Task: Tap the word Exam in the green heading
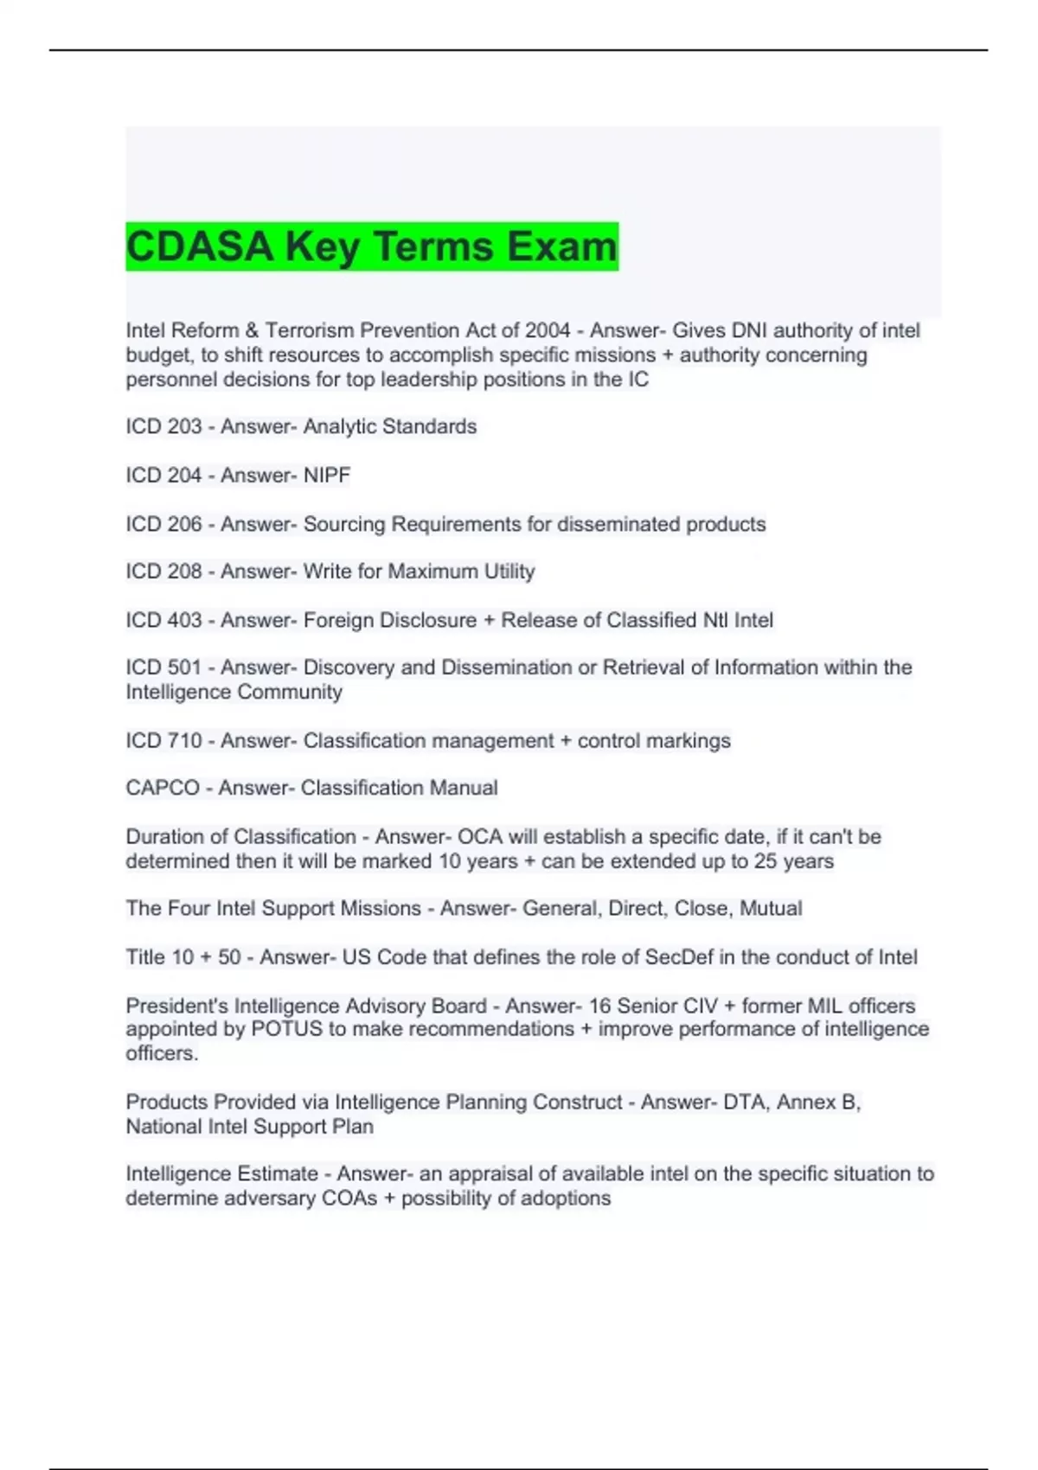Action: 562,246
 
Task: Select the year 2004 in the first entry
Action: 547,330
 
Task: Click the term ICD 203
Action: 163,426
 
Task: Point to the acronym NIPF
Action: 327,475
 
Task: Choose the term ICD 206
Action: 163,524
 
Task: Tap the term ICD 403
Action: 163,620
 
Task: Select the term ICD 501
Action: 163,668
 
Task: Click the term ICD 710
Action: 163,741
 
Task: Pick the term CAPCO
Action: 163,788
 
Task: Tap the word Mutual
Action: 771,908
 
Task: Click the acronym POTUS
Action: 286,1029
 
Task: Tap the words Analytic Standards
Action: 390,426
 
